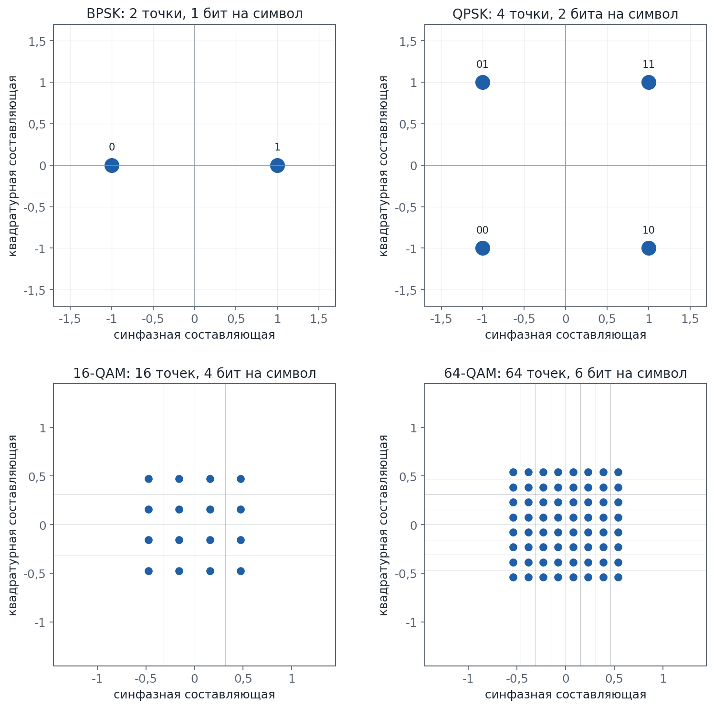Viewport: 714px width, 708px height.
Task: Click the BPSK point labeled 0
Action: tap(112, 165)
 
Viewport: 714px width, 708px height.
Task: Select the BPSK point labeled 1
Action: tap(277, 165)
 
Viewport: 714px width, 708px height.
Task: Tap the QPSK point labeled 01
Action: tap(483, 83)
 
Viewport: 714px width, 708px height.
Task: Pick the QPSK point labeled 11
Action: tap(648, 83)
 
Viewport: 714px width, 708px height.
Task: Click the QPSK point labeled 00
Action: tap(483, 248)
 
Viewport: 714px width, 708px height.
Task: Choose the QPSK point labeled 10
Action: tap(648, 248)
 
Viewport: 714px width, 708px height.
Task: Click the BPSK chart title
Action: tap(194, 14)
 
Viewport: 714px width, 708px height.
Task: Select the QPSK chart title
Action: tap(565, 14)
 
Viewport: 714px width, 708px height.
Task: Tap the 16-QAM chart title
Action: tap(194, 373)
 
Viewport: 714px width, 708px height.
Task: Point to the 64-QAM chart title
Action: tap(565, 373)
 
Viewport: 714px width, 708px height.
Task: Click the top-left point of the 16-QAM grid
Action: tap(148, 479)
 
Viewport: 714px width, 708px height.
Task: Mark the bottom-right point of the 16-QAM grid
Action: tap(241, 571)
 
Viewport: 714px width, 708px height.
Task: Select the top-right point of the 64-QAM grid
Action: tap(618, 472)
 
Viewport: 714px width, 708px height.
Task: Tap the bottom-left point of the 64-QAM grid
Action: tap(513, 577)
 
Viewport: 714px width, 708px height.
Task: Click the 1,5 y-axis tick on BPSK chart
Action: tap(37, 42)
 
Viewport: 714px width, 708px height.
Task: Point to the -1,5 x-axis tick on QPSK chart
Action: tap(441, 319)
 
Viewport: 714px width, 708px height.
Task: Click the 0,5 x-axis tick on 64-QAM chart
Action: tap(614, 678)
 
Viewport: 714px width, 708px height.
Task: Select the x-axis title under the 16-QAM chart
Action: tap(194, 694)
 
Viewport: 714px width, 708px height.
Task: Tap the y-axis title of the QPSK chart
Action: tap(384, 165)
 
